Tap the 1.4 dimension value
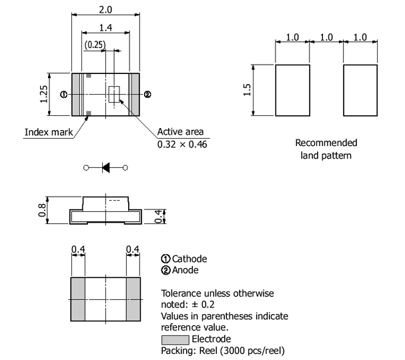point(105,27)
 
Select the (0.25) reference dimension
point(95,45)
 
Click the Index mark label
point(49,131)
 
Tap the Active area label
point(180,131)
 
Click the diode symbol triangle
point(105,167)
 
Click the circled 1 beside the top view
point(63,95)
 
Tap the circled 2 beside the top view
point(147,95)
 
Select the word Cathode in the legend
point(189,259)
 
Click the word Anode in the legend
point(186,270)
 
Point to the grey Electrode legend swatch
point(175,339)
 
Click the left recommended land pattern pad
point(292,90)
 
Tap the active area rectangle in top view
point(113,94)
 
